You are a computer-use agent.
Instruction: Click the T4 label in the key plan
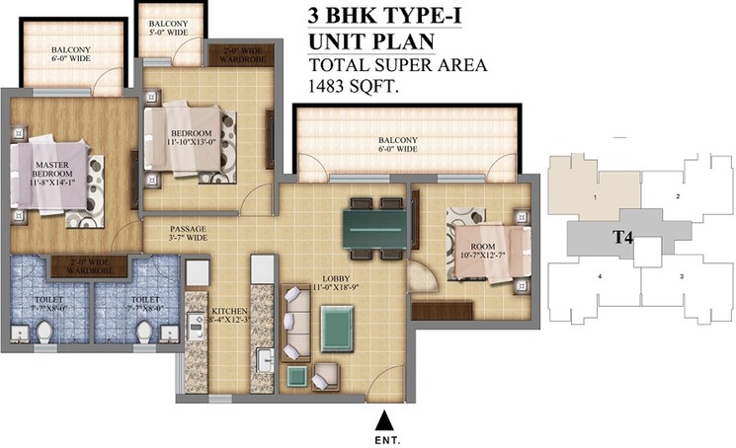[x=622, y=237]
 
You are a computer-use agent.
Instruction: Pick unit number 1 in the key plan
[x=595, y=198]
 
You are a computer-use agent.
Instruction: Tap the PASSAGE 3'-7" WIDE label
[x=173, y=233]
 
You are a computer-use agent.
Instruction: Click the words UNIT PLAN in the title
[x=373, y=42]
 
